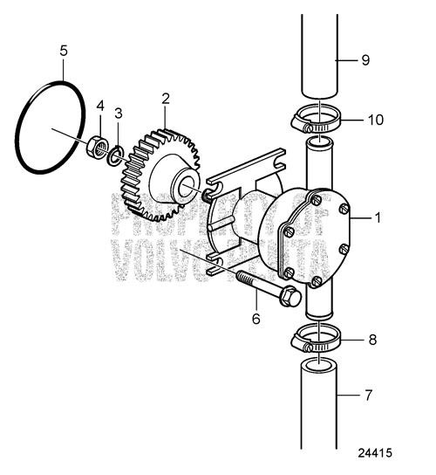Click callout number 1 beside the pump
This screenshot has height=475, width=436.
pos(377,218)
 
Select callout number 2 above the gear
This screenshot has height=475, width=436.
pos(165,99)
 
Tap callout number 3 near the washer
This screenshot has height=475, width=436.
pos(119,114)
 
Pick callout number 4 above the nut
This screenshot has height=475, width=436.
pos(100,107)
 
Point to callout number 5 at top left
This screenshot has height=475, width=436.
pos(64,50)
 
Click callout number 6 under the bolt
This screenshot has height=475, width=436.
pos(255,320)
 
